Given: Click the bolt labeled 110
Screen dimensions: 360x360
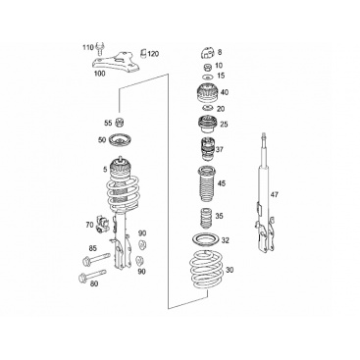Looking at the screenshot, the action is pos(100,49).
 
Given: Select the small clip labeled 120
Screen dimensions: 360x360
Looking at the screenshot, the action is pos(142,53).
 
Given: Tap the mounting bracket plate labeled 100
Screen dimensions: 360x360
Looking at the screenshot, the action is pos(117,63).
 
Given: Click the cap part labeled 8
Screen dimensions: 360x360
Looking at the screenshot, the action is pos(207,52).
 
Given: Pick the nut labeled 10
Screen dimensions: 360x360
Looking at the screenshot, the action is pos(207,68).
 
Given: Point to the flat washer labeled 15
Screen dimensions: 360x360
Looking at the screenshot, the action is pos(207,77).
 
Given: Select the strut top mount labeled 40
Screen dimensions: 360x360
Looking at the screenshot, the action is pos(207,93).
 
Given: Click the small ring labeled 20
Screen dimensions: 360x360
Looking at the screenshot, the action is pos(207,109).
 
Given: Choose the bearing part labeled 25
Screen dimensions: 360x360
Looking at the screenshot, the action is pos(207,125).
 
